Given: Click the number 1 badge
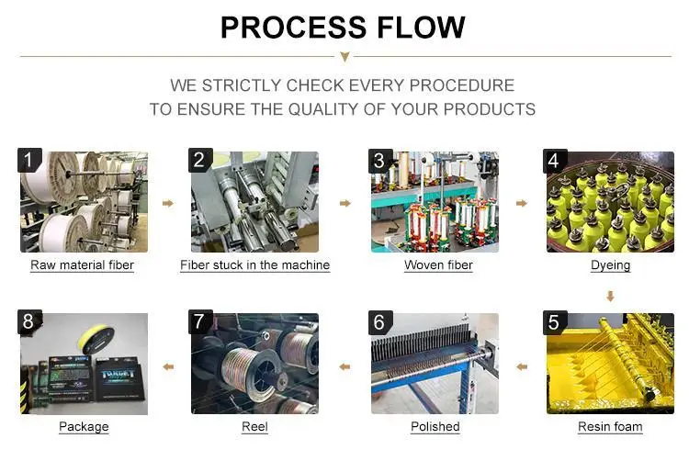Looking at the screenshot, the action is [29, 162].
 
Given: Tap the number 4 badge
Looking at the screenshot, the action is [552, 162].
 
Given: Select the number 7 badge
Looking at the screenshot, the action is [200, 322].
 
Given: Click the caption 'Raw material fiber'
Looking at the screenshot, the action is [83, 265].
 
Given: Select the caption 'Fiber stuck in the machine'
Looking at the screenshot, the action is [254, 265].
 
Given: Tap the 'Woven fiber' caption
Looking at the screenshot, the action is [438, 265].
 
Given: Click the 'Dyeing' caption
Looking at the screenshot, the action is [610, 265].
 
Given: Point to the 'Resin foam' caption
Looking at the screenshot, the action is [610, 427].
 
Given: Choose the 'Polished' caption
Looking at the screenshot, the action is [435, 427].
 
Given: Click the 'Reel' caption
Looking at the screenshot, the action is [254, 427].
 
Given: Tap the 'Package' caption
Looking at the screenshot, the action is [84, 427].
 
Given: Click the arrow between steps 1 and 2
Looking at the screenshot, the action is [167, 203].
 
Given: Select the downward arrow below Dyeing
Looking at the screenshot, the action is [610, 297].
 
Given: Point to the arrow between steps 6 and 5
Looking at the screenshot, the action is [522, 366].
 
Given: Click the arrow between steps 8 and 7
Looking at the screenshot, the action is [167, 366].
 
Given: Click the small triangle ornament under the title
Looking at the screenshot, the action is [344, 57].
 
